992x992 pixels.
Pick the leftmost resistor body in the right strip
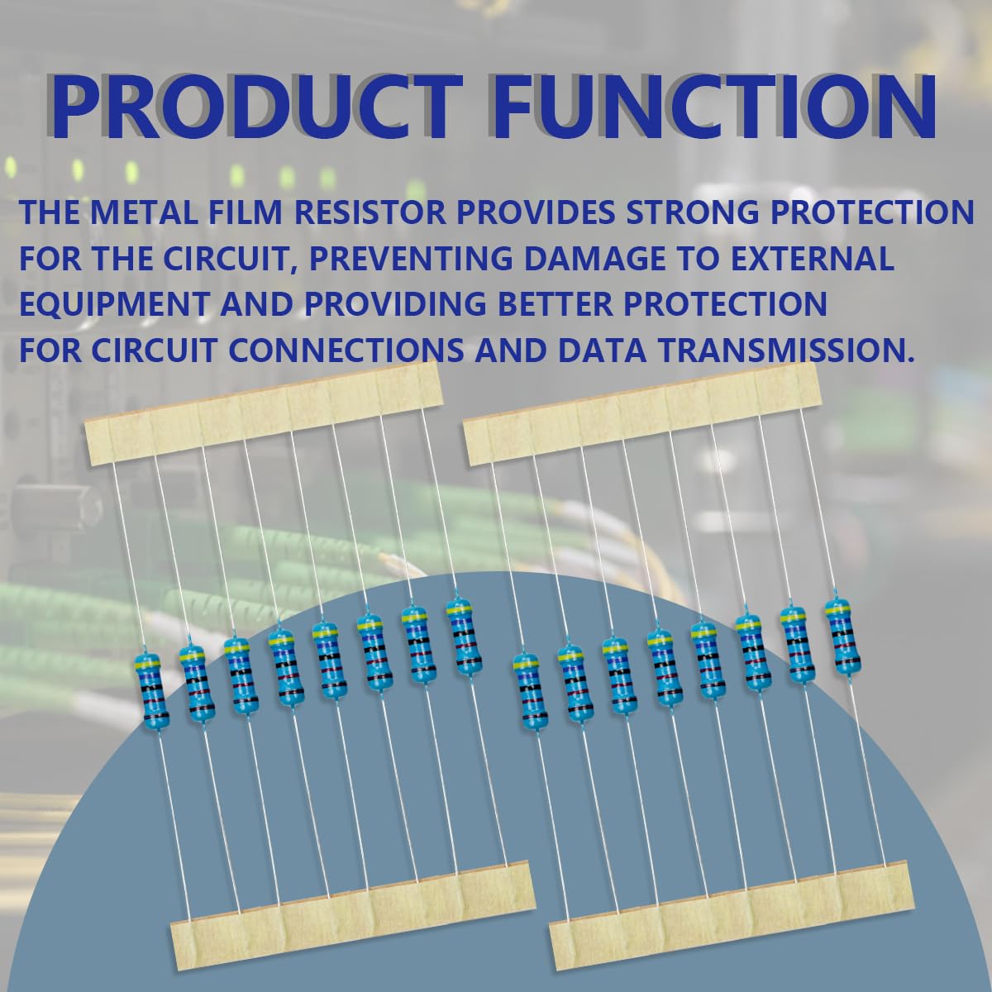[530, 691]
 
